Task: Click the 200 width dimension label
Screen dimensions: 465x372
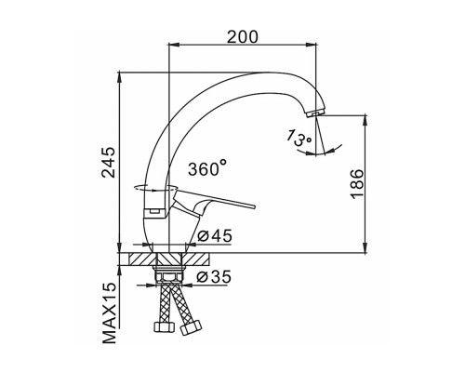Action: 242,37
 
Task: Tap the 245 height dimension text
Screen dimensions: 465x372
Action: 109,162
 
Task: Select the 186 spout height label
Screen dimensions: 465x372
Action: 357,183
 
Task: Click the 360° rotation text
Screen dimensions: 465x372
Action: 207,167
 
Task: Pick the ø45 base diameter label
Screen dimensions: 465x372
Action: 215,236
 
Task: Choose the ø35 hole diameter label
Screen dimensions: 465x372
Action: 214,276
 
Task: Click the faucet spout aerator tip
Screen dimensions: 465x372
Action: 315,113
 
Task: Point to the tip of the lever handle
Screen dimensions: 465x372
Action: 253,206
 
